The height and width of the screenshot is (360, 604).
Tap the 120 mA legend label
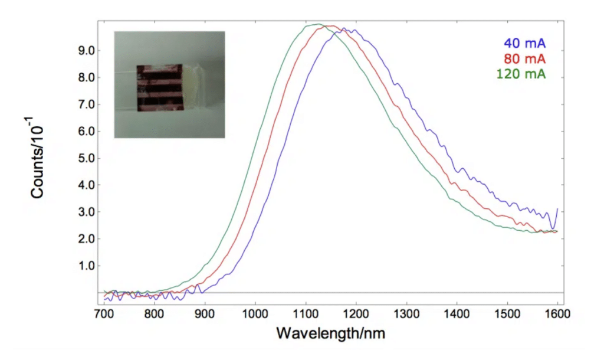click(520, 74)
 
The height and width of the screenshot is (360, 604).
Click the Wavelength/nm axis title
click(330, 334)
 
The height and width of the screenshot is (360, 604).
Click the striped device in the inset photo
click(160, 87)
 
